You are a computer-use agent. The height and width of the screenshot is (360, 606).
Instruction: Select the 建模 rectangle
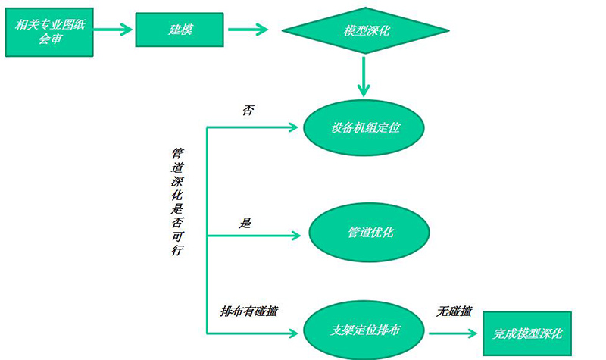[179, 30]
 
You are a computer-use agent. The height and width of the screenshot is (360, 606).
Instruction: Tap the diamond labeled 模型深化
[366, 31]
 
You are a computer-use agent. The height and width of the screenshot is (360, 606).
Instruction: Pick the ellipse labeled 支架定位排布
[365, 330]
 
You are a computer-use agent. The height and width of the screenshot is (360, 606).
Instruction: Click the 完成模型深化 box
[528, 333]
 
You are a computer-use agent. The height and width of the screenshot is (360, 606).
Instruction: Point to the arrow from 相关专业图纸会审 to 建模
[113, 30]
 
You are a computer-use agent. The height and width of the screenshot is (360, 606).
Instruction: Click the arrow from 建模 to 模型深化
[247, 30]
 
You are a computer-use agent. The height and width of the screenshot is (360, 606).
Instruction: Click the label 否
[247, 110]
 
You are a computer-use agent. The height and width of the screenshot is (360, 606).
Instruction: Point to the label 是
[245, 223]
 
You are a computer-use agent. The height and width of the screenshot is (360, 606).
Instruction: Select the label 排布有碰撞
[248, 311]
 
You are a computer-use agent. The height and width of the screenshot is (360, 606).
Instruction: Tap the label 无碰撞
[454, 311]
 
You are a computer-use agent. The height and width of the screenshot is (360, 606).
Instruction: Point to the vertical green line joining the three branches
[207, 227]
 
